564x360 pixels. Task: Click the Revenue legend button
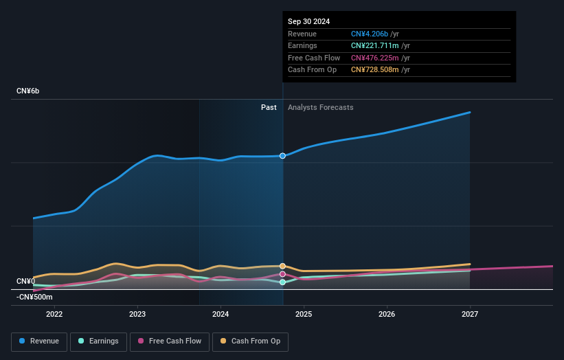(x=39, y=341)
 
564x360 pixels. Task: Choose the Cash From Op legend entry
(x=250, y=341)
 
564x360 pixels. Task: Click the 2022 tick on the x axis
(x=54, y=315)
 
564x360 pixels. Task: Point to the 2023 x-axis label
(x=137, y=315)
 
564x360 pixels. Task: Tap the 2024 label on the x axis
(x=221, y=315)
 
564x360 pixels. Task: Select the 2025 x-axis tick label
(x=304, y=315)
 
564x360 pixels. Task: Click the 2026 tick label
(x=387, y=315)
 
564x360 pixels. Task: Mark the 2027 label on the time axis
(x=470, y=315)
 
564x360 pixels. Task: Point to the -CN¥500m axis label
(x=34, y=297)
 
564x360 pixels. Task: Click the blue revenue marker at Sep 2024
(x=282, y=156)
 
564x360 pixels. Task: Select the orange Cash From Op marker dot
(x=282, y=266)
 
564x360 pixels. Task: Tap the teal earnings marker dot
(x=282, y=282)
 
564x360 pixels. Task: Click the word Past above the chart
(x=269, y=107)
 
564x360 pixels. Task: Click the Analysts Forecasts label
(x=320, y=107)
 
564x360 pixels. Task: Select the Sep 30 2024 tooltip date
(x=308, y=21)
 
